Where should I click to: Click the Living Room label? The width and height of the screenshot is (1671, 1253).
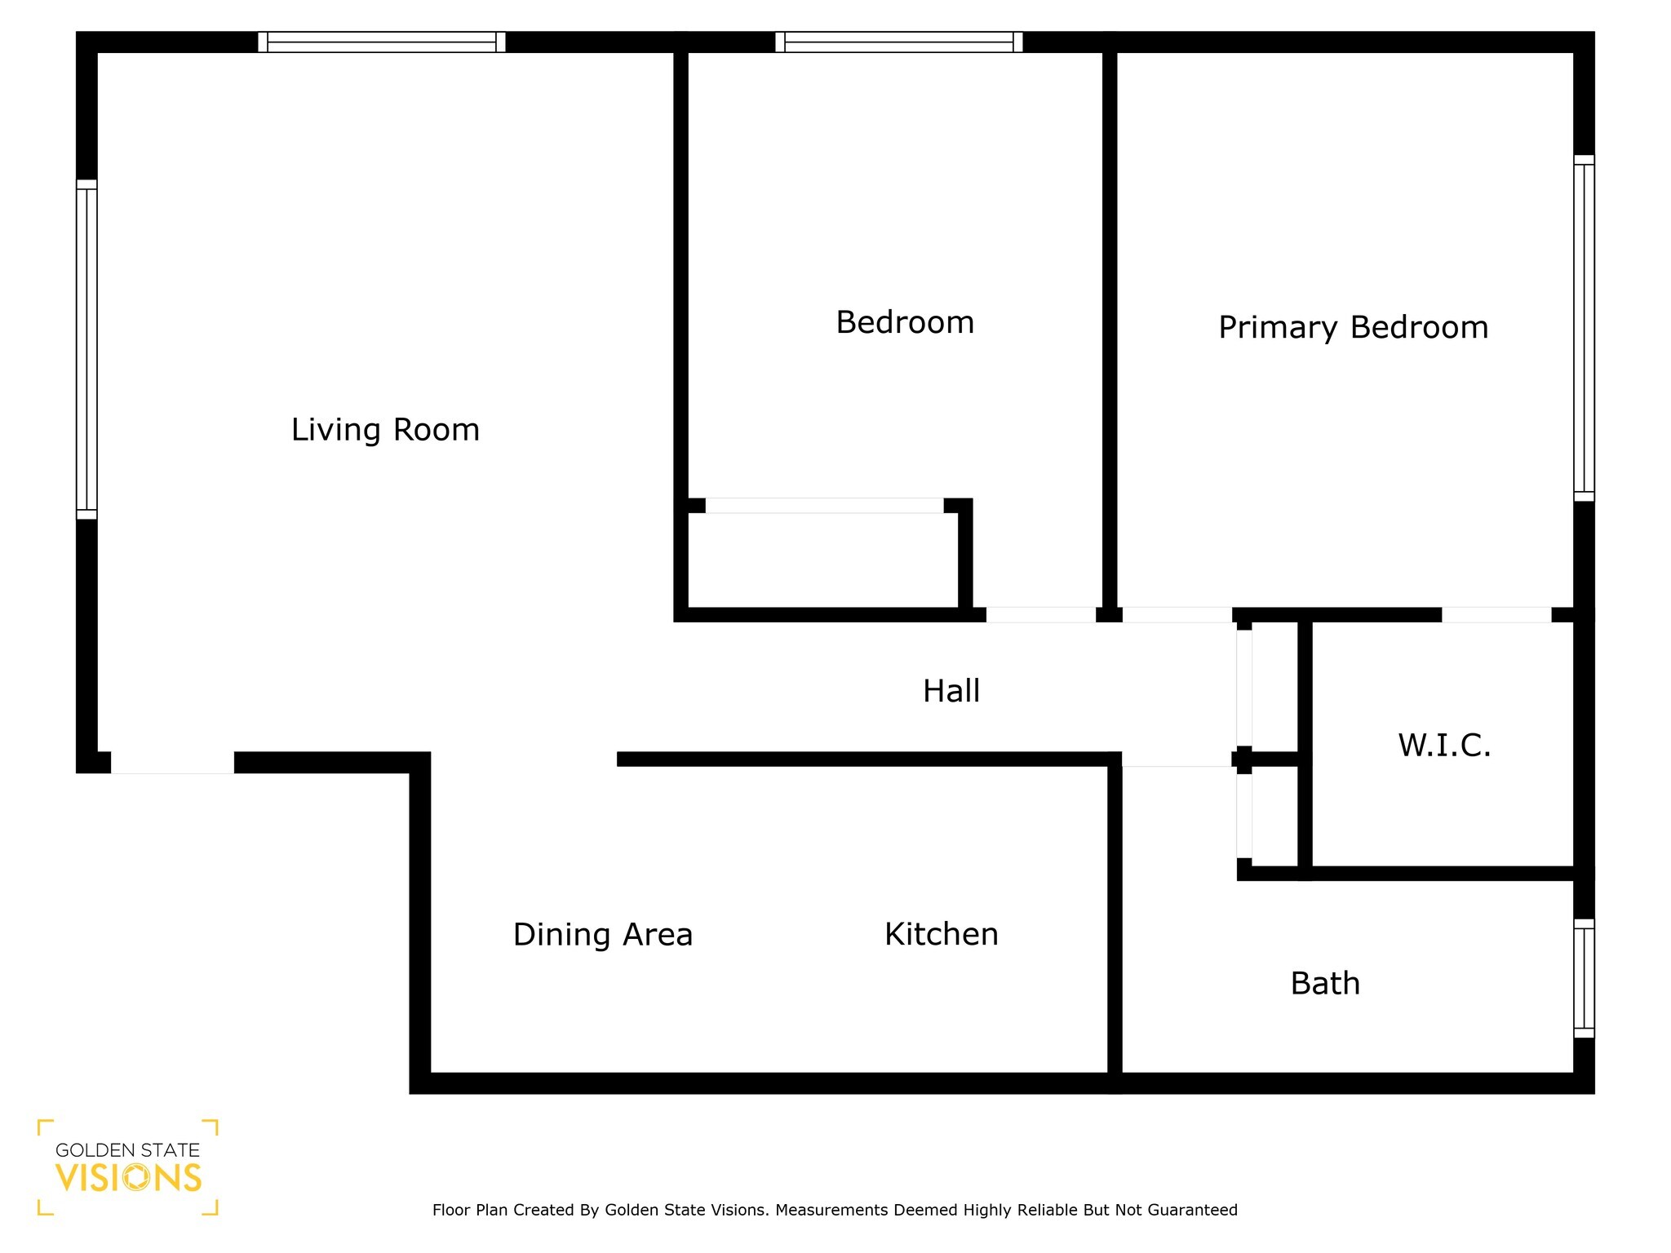pyautogui.click(x=385, y=430)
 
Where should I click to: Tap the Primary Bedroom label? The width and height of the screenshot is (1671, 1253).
pyautogui.click(x=1353, y=327)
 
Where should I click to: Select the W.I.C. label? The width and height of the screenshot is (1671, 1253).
pyautogui.click(x=1444, y=745)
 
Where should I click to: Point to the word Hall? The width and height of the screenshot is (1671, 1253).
pyautogui.click(x=951, y=691)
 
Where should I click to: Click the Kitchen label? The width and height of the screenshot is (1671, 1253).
pyautogui.click(x=941, y=934)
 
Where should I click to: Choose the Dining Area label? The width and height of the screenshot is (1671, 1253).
pyautogui.click(x=602, y=934)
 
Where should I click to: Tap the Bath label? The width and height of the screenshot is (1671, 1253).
pyautogui.click(x=1325, y=983)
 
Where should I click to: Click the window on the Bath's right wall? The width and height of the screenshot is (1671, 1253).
pyautogui.click(x=1583, y=978)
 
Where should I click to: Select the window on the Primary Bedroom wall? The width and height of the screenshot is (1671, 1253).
pyautogui.click(x=1583, y=328)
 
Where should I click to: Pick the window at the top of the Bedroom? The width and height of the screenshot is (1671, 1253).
pyautogui.click(x=898, y=42)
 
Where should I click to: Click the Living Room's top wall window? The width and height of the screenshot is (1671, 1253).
pyautogui.click(x=381, y=42)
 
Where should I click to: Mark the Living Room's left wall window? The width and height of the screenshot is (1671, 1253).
pyautogui.click(x=86, y=349)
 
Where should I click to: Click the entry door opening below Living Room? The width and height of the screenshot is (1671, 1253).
pyautogui.click(x=172, y=763)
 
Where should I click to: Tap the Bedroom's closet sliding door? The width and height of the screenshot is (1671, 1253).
pyautogui.click(x=824, y=506)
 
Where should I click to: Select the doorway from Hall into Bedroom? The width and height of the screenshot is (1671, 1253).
pyautogui.click(x=1040, y=615)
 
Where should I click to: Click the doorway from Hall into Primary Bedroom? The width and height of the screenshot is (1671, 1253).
pyautogui.click(x=1177, y=615)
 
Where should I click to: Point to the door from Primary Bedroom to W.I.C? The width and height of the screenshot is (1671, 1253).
pyautogui.click(x=1496, y=615)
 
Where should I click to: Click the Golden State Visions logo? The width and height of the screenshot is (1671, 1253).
pyautogui.click(x=128, y=1167)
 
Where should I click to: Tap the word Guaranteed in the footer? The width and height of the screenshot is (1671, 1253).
pyautogui.click(x=1192, y=1210)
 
